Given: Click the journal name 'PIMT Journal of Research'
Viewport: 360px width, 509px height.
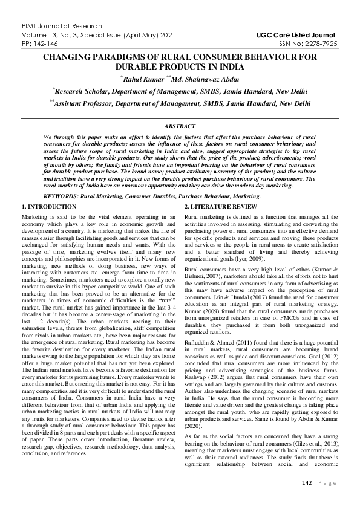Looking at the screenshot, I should [x=44, y=24].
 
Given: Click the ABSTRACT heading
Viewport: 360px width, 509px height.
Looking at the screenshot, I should [x=180, y=126].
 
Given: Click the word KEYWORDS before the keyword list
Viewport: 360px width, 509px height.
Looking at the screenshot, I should [x=62, y=196].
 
